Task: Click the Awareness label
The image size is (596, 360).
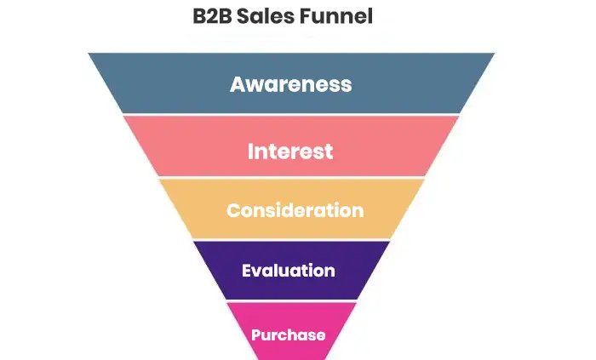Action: pos(290,84)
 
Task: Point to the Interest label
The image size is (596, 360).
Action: pos(290,151)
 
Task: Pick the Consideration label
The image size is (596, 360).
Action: pos(295,210)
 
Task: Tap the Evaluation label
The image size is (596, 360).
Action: pos(288,271)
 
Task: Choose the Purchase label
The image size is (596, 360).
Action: pos(288,334)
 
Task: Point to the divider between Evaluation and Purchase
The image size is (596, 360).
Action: pos(290,300)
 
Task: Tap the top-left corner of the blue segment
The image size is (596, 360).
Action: pos(89,54)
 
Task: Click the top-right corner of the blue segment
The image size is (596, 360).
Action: pos(493,54)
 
